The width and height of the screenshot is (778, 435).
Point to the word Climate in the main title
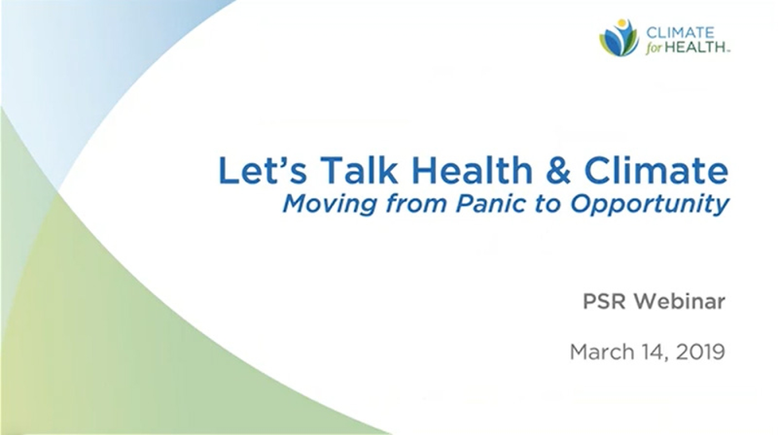point(656,170)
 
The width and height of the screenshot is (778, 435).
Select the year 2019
point(700,352)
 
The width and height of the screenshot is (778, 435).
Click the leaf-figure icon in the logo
point(619,38)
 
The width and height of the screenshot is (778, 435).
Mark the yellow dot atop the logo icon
point(621,23)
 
